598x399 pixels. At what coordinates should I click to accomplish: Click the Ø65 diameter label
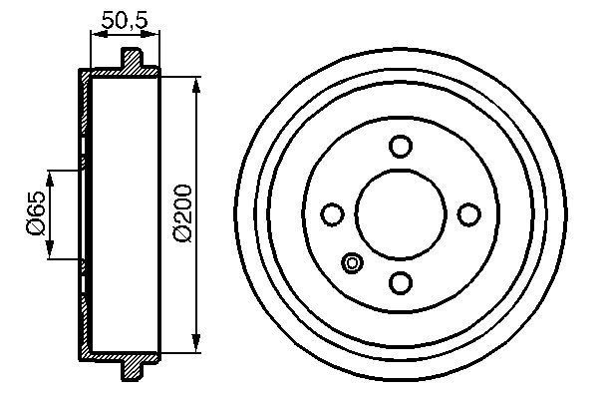tap(35, 214)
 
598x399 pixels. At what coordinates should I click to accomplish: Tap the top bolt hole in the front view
tap(401, 146)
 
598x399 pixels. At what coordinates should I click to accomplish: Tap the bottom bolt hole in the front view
tap(401, 282)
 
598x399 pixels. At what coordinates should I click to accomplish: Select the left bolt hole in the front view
tap(333, 213)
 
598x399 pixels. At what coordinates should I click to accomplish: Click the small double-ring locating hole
tap(351, 263)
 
